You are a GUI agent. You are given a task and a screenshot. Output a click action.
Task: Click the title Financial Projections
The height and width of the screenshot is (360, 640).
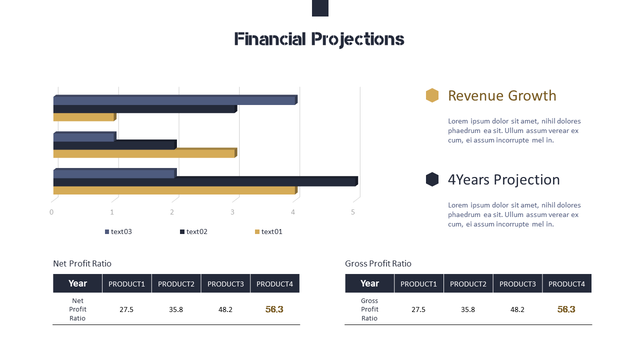coord(319,39)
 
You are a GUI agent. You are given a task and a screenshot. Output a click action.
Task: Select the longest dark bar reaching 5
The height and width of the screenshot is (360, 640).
coord(205,181)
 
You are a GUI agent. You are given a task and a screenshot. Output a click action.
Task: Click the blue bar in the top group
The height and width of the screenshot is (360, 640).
coord(175,100)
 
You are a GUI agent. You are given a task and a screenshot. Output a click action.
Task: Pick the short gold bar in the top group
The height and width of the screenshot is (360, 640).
coord(84,117)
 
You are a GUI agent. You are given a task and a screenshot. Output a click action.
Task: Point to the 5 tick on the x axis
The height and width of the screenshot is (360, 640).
coord(353,212)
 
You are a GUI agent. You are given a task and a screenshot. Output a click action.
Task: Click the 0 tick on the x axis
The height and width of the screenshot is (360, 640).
coord(51,212)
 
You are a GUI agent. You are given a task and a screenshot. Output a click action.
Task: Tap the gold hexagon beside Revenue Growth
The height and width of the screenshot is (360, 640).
coord(432,95)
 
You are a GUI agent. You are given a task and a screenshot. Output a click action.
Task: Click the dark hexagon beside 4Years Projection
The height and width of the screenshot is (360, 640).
coord(432,179)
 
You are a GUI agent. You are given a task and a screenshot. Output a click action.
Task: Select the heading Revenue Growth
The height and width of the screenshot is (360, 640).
coord(502,95)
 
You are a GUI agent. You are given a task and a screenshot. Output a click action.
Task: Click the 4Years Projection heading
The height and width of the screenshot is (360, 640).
coord(503,179)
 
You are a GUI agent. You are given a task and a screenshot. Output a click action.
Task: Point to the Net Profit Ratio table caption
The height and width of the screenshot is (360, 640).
coord(82,263)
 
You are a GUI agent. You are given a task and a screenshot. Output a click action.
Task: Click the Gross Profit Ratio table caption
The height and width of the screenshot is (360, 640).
coord(378,263)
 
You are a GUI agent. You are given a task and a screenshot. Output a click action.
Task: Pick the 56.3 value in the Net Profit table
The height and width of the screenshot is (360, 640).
coord(274,309)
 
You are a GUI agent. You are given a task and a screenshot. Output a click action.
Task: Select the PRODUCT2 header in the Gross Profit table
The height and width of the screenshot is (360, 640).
coord(468,283)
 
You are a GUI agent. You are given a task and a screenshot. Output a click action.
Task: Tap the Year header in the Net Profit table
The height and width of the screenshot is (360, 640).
coord(77,283)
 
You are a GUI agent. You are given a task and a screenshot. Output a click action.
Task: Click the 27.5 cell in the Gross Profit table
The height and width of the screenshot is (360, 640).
coord(418,309)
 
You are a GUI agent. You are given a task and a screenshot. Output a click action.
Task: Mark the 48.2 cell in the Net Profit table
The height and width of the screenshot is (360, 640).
coord(225,309)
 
